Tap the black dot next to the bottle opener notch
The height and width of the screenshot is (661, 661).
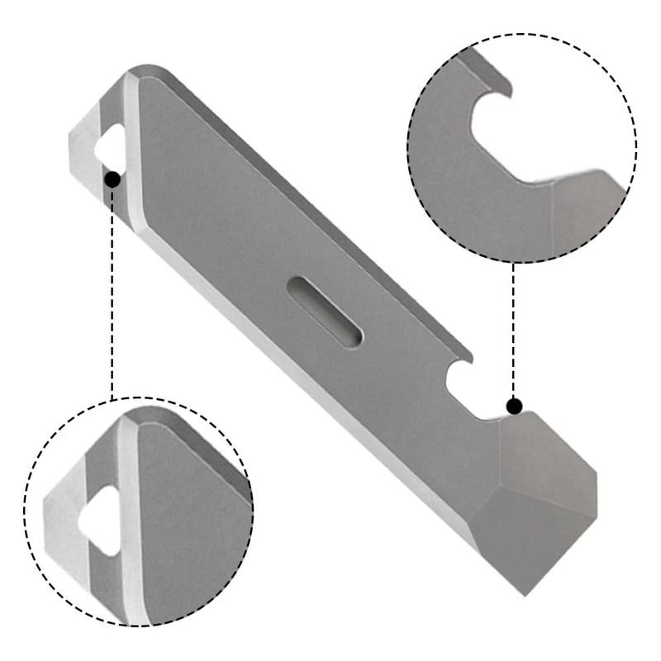click(514, 406)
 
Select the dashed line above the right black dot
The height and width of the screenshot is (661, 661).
click(514, 330)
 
